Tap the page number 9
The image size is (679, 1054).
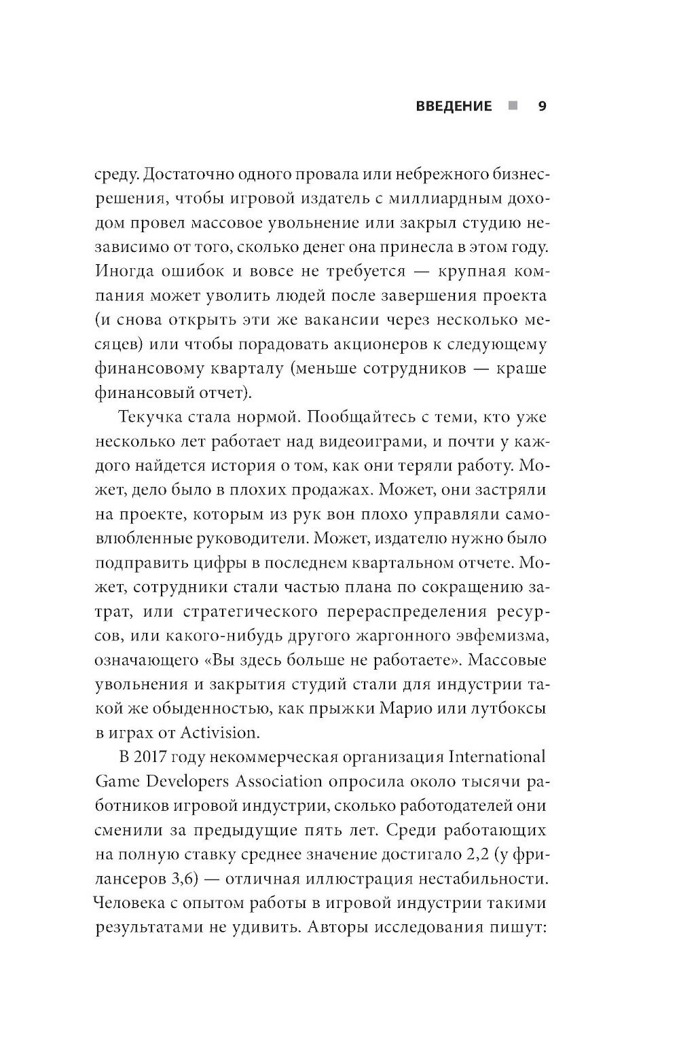click(x=542, y=106)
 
